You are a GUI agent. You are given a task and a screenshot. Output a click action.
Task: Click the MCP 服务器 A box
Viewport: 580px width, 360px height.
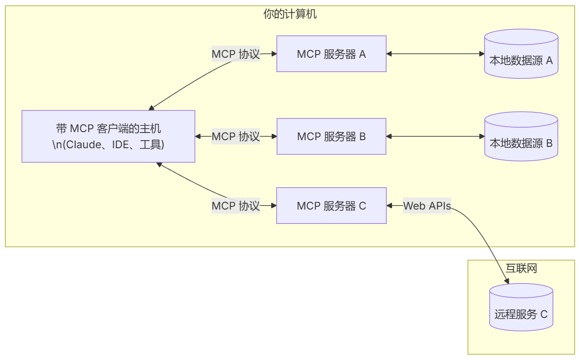331,54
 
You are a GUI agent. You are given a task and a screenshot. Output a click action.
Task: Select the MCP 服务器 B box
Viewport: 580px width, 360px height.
331,136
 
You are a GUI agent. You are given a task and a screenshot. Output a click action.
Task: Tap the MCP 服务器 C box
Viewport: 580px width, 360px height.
331,206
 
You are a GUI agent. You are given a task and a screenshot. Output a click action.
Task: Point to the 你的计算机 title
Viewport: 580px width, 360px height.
290,14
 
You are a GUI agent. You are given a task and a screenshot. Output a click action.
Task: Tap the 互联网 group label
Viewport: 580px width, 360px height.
521,268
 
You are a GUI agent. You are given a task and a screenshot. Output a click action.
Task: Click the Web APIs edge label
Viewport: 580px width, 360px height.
427,206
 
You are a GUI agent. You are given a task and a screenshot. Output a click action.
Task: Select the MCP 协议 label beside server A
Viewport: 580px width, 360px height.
235,54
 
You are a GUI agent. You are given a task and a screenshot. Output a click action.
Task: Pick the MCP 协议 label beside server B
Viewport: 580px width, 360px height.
235,136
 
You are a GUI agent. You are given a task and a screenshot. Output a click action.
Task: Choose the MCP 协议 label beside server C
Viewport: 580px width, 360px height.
235,206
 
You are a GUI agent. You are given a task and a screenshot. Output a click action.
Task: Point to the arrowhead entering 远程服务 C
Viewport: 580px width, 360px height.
507,281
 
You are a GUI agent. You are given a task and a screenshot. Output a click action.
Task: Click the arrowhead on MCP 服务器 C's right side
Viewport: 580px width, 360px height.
389,206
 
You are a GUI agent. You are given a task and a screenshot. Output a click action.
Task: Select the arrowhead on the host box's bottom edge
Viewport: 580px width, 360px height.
158,164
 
